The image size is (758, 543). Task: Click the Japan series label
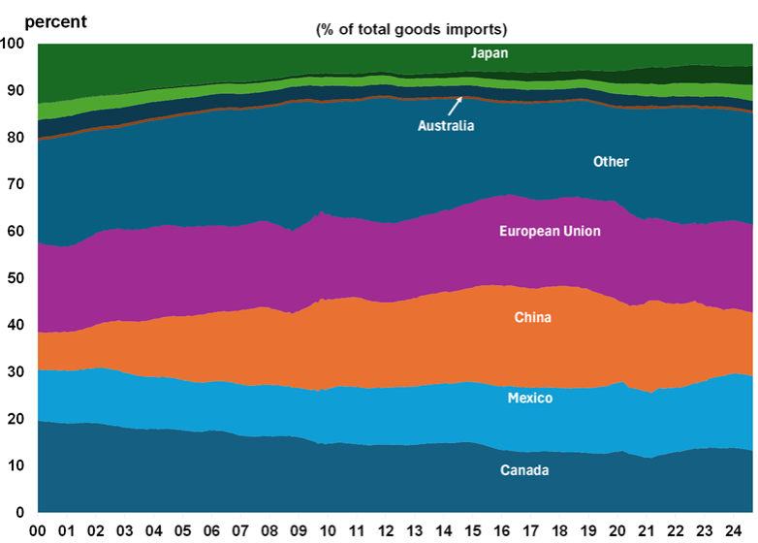pos(490,53)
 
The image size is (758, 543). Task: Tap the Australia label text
pos(446,125)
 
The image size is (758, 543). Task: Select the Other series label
pos(611,162)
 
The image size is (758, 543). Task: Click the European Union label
pos(550,231)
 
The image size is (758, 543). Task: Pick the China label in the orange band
pos(533,316)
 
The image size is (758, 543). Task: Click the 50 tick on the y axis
pos(17,278)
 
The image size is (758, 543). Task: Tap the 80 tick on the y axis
pos(17,138)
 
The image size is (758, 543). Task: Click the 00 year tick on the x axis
pos(40,530)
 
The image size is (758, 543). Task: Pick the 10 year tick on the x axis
pos(330,530)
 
